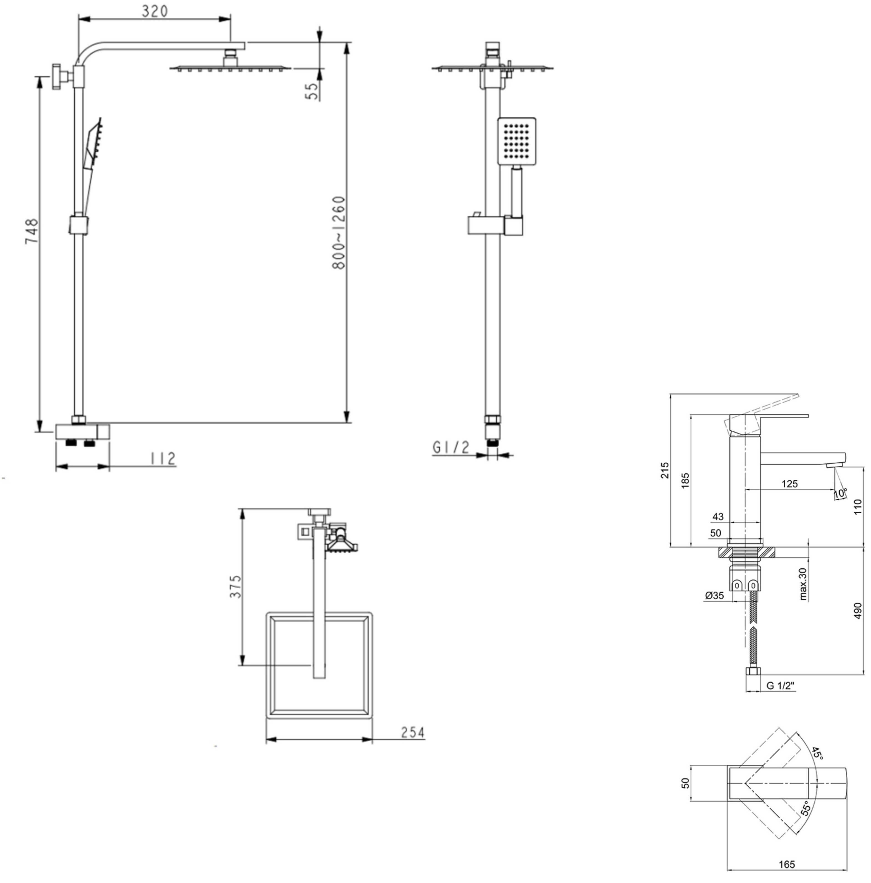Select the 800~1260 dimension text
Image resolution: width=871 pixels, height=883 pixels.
point(339,233)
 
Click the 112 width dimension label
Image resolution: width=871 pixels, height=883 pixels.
point(163,458)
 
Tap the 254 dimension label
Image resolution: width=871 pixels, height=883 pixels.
point(412,733)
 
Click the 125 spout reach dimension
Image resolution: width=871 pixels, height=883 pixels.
point(789,483)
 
